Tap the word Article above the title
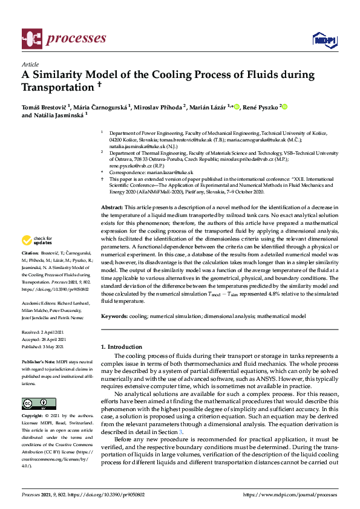(x=30, y=64)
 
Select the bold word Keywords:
(x=115, y=316)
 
